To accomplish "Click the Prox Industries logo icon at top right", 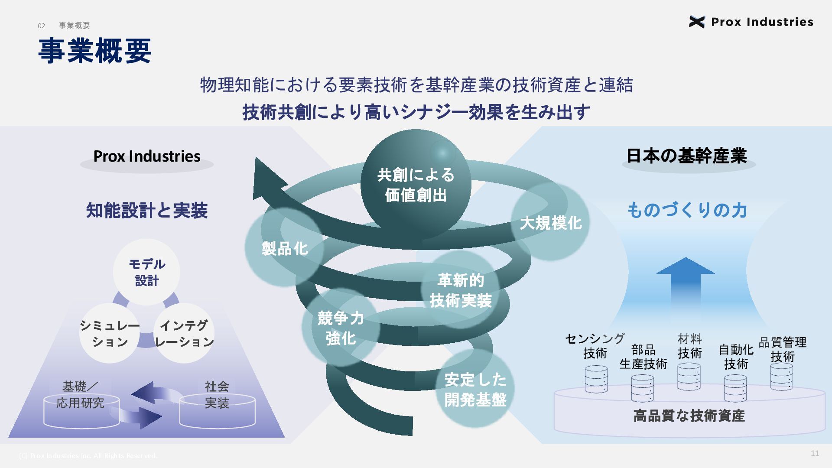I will click(x=696, y=22).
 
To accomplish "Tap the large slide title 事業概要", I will click(x=94, y=51).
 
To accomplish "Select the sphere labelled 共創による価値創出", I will click(x=416, y=185).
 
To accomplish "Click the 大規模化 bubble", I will click(x=550, y=222).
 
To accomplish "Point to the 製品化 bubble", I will click(x=284, y=248).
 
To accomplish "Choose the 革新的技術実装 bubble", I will click(x=460, y=290).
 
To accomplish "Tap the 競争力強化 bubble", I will click(x=341, y=328).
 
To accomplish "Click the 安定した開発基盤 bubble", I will click(x=475, y=389).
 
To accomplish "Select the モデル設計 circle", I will click(x=146, y=272).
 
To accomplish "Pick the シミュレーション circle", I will click(x=109, y=333).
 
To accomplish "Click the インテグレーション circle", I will click(x=184, y=333).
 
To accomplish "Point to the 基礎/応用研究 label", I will click(x=80, y=394).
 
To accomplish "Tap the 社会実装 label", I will click(x=217, y=394).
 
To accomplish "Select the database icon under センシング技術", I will click(x=596, y=379).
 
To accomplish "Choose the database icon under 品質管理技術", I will click(x=782, y=377).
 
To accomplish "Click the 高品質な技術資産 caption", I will click(x=689, y=416).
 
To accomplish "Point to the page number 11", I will click(x=815, y=453).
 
